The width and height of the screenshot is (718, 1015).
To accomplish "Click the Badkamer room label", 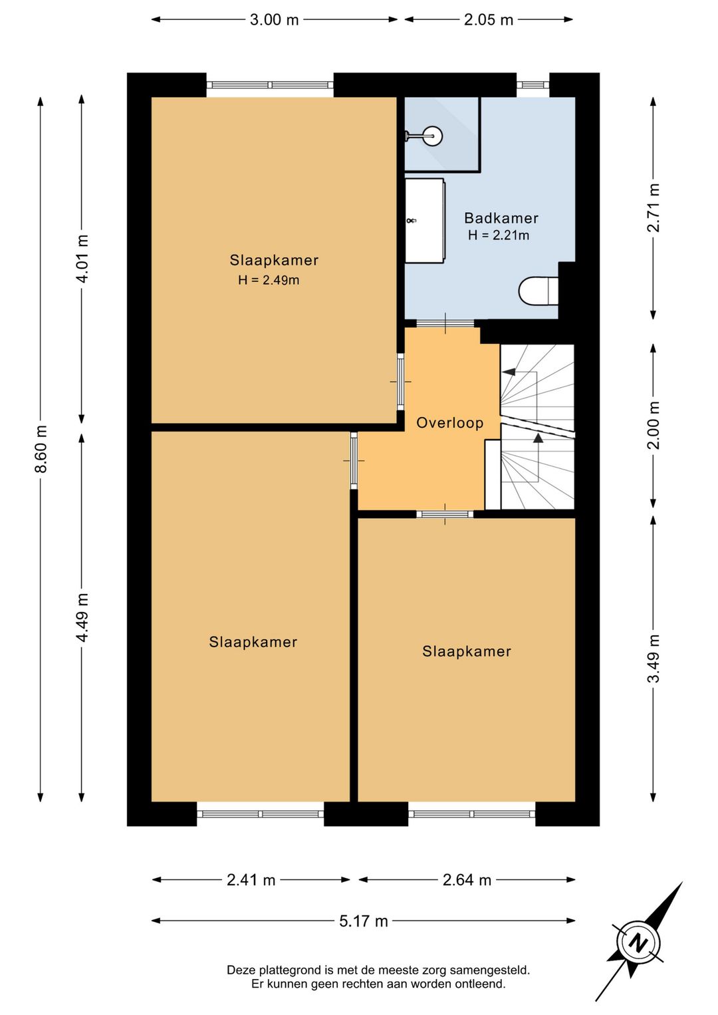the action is pos(501,218).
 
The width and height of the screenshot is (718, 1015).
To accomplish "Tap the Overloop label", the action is pos(450,423).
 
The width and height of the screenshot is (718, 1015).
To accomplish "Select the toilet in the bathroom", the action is pos(538,291).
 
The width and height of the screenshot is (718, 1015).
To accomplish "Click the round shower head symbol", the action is pos(433,135).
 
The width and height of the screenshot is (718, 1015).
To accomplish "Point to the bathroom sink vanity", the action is pos(424,221).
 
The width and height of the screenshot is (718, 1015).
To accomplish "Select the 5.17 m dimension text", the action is pos(364,921).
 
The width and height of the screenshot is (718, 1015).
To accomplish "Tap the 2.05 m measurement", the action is pos(489,20).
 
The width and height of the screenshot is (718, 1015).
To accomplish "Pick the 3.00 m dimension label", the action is pos(274,20).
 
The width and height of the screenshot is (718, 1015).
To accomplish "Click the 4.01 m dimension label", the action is pos(82,259).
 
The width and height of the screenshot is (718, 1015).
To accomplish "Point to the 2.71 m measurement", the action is pos(654,208).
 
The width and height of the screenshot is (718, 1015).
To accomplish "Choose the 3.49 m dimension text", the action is pos(654,658).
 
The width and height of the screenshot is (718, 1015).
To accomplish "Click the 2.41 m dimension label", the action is pos(251,880).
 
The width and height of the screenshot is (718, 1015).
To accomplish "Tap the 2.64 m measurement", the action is pos(467,880).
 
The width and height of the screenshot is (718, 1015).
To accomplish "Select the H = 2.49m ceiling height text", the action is pos(269,280).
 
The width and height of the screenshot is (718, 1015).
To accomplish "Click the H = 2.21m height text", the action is pos(499,235).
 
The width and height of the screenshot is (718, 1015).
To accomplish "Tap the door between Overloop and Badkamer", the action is pos(445,323).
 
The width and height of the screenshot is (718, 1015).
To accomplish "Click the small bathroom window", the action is pos(533,84).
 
